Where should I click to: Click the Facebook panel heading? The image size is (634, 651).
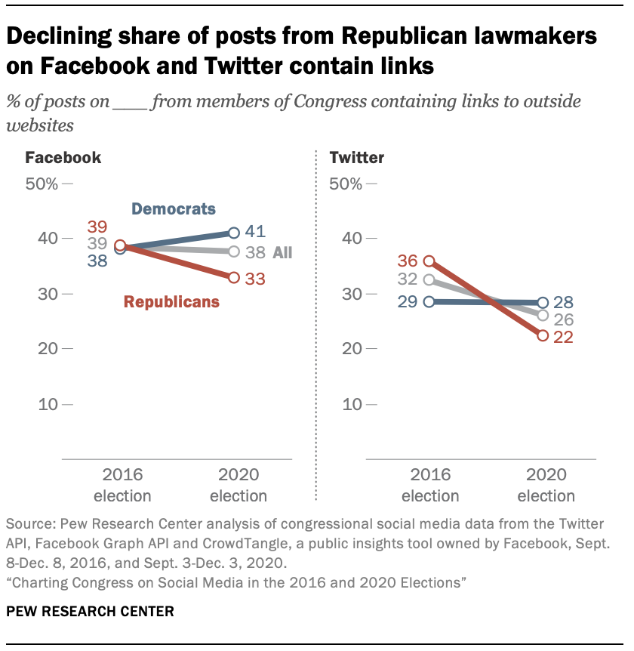pos(63,158)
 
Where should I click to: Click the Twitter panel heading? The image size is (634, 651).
pos(357,158)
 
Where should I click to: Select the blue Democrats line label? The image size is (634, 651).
pos(173,209)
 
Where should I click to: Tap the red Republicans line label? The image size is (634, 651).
pos(171,302)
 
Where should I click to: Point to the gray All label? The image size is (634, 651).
pos(282,253)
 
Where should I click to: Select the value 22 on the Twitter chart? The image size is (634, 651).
pos(562,338)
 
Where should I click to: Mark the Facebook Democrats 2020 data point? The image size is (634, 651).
pos(234,233)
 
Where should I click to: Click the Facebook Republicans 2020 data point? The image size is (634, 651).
pos(234,277)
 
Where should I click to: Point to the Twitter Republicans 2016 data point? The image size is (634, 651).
pos(429,261)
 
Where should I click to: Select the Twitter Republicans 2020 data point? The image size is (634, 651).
pos(543,335)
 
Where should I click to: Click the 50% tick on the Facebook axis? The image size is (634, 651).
pos(42,184)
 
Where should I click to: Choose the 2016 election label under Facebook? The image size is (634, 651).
pos(122,486)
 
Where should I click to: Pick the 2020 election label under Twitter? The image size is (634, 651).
pos(546,486)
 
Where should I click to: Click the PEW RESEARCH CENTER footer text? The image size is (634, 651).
pos(90,610)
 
